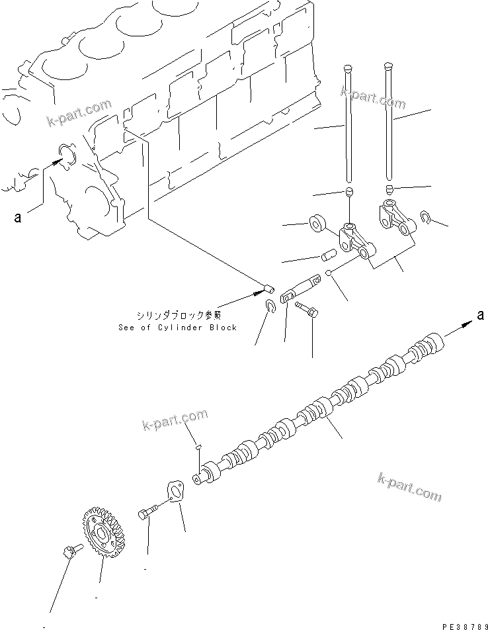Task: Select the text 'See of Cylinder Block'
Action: pyautogui.click(x=177, y=328)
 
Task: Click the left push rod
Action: pyautogui.click(x=348, y=126)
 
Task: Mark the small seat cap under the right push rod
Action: pyautogui.click(x=390, y=191)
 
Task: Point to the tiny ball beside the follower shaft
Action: pyautogui.click(x=329, y=273)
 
